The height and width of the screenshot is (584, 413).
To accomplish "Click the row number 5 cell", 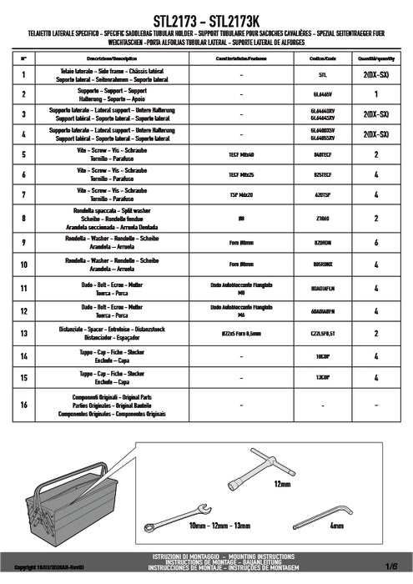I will [24, 154].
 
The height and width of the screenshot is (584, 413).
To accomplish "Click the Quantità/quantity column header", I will [377, 60].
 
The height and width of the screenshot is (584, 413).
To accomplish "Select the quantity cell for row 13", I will [377, 334].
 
